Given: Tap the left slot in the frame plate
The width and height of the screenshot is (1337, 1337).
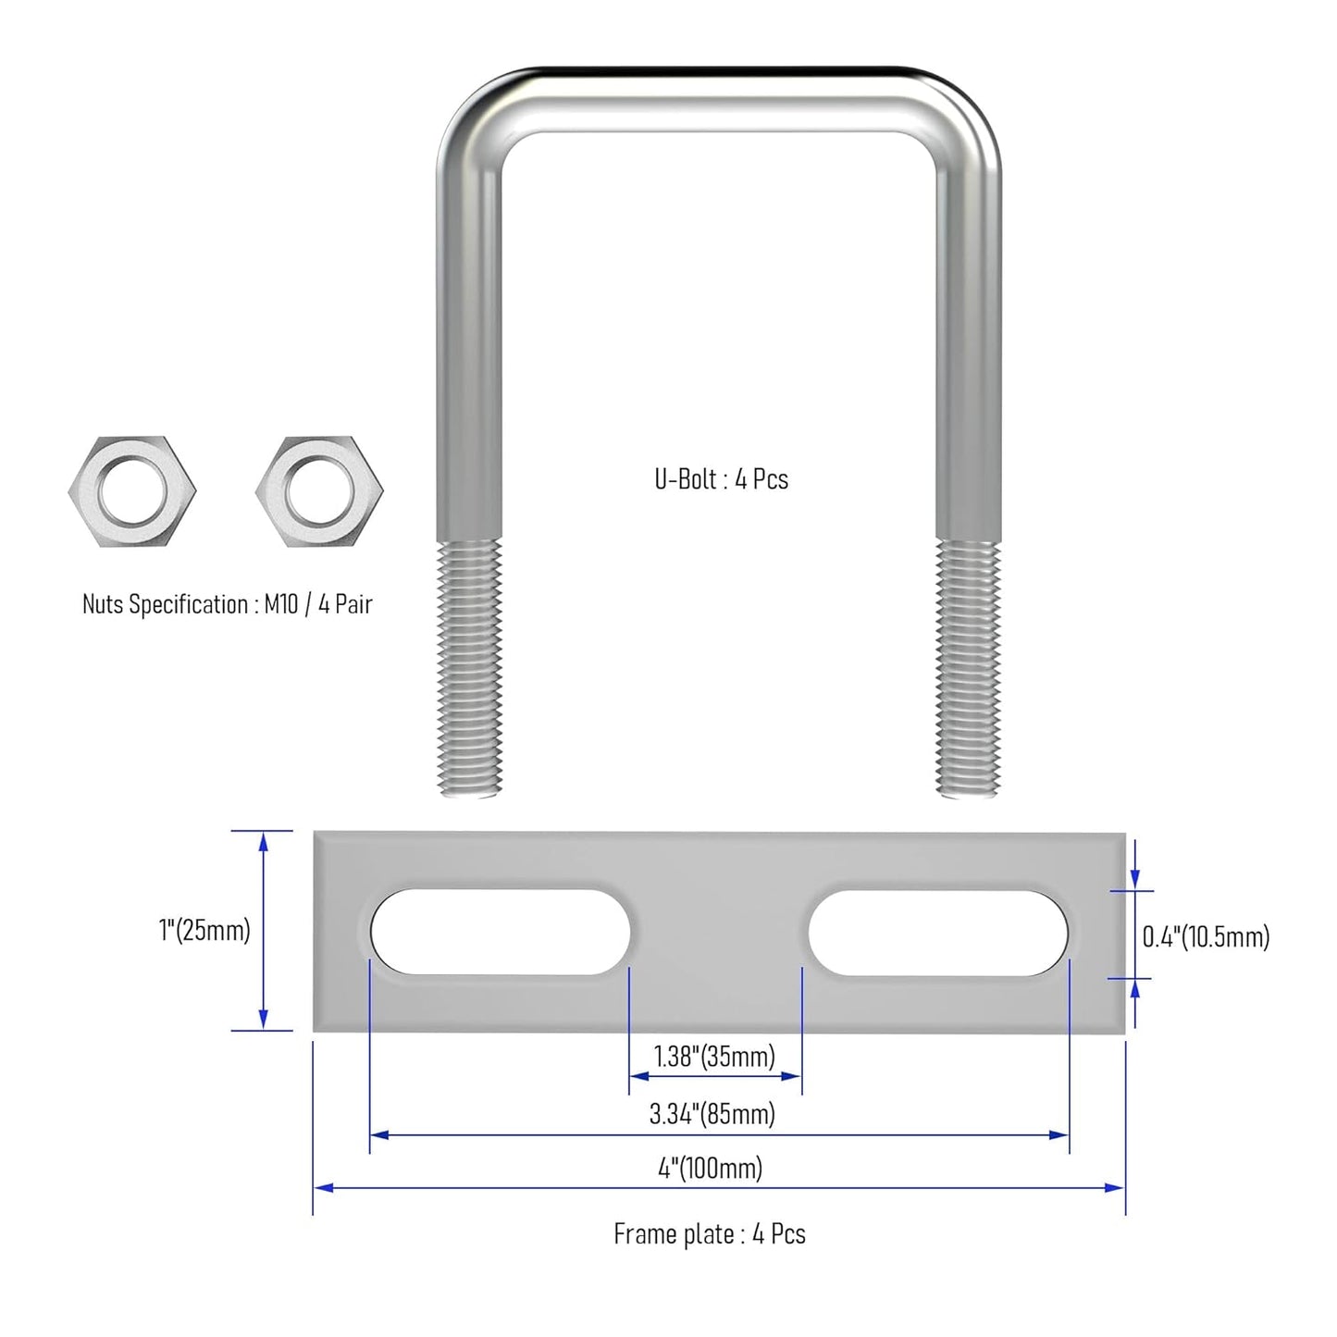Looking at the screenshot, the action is point(501,931).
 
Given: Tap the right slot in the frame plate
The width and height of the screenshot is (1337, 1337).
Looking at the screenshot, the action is point(938,933).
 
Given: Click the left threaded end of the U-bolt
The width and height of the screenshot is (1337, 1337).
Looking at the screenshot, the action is point(470,668).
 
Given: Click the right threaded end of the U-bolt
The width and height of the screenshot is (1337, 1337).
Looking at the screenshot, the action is point(968,668).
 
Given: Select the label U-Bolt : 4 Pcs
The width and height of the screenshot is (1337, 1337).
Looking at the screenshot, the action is point(722,479).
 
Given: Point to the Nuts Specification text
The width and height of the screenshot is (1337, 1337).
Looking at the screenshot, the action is point(228,603).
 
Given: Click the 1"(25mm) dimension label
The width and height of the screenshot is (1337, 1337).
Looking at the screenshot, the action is point(204,930).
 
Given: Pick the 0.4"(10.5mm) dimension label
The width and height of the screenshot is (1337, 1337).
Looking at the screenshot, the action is point(1206,936).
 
